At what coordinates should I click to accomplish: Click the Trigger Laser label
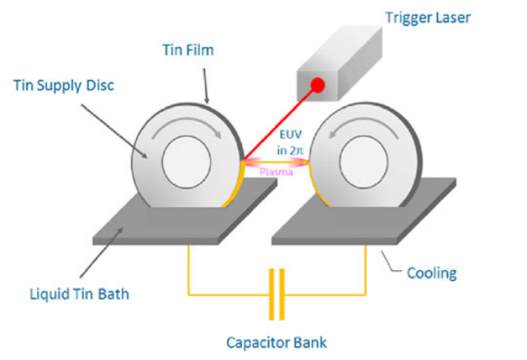[428, 18]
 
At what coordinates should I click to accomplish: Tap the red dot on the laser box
[318, 85]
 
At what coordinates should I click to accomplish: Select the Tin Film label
[189, 50]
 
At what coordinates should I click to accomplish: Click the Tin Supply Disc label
[64, 86]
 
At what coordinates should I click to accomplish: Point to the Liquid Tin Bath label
[80, 294]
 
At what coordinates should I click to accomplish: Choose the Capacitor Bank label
[277, 343]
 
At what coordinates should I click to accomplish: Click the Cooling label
[431, 274]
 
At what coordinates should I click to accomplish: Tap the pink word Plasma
[277, 172]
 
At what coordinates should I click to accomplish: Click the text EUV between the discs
[291, 134]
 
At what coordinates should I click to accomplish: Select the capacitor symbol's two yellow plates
[277, 294]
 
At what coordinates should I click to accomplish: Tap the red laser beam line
[280, 123]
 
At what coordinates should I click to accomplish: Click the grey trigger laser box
[339, 64]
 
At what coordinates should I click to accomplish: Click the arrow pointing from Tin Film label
[205, 86]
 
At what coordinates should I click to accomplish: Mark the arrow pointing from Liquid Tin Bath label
[101, 252]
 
